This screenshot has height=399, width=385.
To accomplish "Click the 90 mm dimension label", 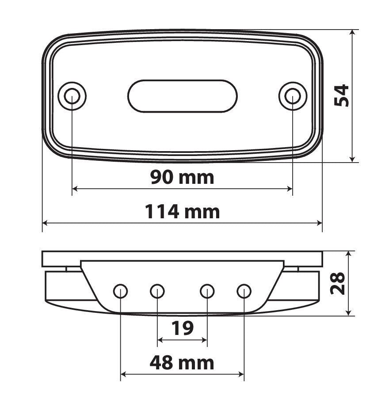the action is click(182, 177).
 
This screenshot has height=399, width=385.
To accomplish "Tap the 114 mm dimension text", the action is click(182, 212).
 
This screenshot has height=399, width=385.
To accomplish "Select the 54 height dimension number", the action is click(341, 95).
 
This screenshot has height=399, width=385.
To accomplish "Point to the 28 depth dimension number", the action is click(337, 283).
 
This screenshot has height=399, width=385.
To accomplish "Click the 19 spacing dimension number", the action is click(182, 328).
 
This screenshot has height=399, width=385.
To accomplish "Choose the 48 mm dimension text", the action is click(182, 363).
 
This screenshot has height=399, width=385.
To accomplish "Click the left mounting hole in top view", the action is click(72, 96).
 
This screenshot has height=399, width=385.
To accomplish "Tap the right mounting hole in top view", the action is click(293, 96).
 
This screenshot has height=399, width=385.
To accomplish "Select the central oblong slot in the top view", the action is click(182, 96).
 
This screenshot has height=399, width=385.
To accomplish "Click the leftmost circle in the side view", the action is click(120, 291).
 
